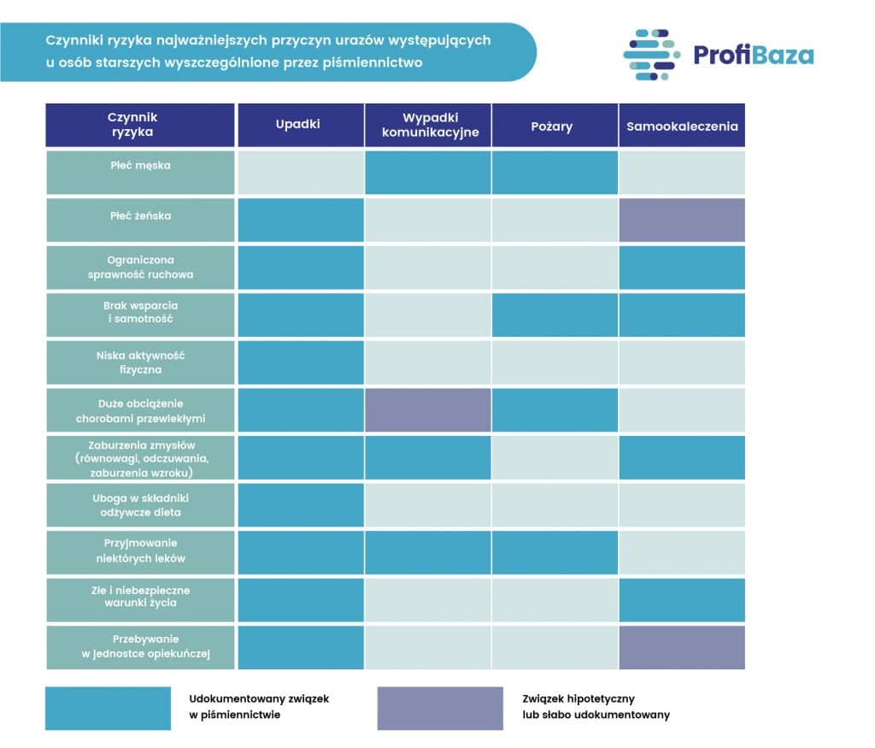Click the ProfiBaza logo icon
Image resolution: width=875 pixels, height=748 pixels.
pos(651,55)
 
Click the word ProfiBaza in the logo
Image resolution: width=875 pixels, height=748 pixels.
pos(753,56)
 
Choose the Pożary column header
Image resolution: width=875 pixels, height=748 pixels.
pos(555,126)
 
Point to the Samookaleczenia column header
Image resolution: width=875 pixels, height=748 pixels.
pos(682,126)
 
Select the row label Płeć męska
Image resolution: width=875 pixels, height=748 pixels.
pos(139,166)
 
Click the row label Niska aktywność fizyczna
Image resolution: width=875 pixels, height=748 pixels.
pos(140,362)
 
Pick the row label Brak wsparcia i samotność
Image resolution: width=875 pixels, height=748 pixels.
pos(140,312)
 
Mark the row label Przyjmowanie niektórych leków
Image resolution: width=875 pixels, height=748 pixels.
pos(140,551)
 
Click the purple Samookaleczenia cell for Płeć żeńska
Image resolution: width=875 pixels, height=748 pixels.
pos(682,220)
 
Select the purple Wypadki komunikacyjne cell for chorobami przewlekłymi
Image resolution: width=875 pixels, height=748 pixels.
pos(428,409)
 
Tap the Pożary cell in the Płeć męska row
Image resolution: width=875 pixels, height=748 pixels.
pos(555,173)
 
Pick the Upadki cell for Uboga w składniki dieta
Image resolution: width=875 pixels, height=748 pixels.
pos(301,505)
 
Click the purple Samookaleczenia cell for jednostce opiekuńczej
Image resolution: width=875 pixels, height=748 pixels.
pos(682,647)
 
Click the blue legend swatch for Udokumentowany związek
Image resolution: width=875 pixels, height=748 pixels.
pos(108,708)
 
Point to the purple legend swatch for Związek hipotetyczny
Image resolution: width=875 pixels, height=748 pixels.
pos(440,708)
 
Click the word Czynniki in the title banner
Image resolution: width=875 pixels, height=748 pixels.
pos(73,39)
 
